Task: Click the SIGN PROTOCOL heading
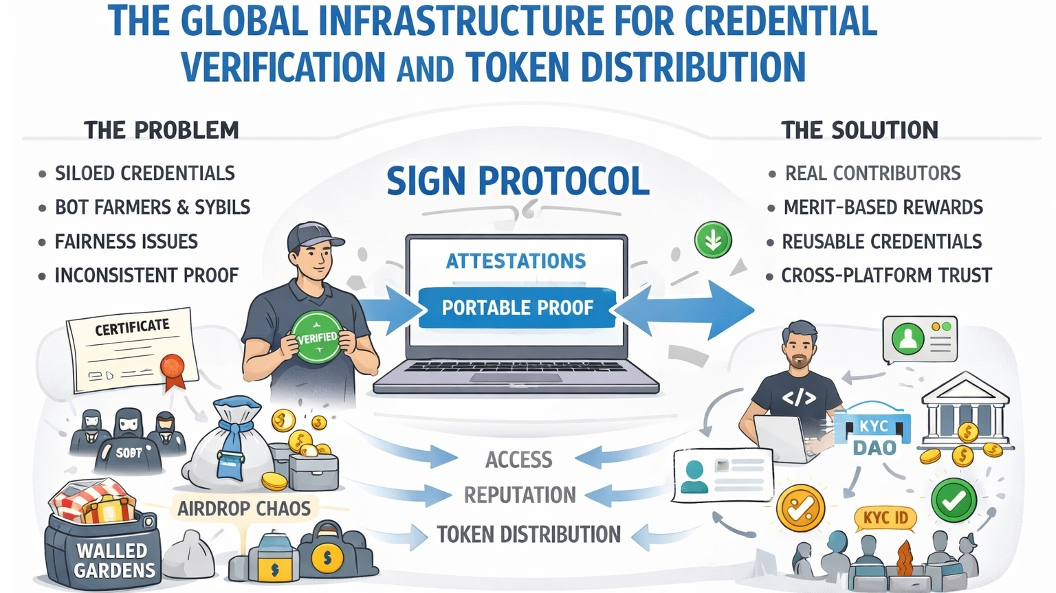tap(518, 181)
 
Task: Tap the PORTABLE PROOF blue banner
tap(517, 307)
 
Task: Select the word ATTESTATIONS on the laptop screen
tap(516, 261)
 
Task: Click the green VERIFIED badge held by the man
tap(317, 337)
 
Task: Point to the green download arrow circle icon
tap(713, 240)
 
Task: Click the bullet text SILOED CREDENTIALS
tap(144, 173)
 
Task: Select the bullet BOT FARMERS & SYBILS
tap(152, 207)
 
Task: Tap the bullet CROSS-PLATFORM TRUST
tap(886, 276)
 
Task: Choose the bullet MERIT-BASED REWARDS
tap(883, 207)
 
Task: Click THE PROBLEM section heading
tap(161, 130)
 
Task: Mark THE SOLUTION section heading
tap(859, 130)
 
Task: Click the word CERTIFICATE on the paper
tap(132, 327)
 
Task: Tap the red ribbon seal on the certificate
tap(172, 366)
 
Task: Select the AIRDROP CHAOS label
tap(244, 508)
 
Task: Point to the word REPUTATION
tap(520, 495)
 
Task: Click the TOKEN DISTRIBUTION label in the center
tap(529, 535)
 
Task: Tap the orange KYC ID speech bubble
tap(885, 517)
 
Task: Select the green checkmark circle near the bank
tap(954, 501)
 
